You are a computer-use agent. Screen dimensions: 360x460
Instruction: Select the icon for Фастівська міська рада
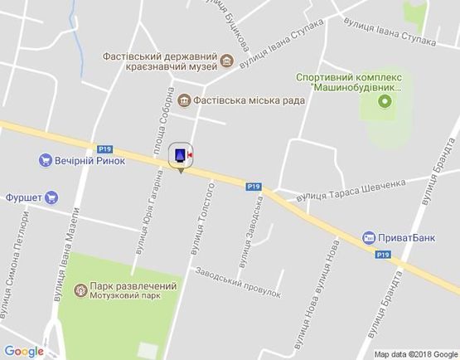coord(184,100)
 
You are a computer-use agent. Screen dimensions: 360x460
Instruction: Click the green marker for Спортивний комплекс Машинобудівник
coord(384,102)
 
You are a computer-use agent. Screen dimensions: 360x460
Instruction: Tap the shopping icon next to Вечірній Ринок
coord(46,160)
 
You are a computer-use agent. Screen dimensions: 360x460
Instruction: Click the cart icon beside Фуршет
coord(51,197)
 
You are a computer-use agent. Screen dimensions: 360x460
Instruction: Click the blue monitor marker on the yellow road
coord(179,154)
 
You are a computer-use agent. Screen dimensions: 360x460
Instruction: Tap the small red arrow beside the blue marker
coord(191,154)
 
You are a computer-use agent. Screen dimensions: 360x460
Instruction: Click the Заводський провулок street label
coord(239,283)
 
